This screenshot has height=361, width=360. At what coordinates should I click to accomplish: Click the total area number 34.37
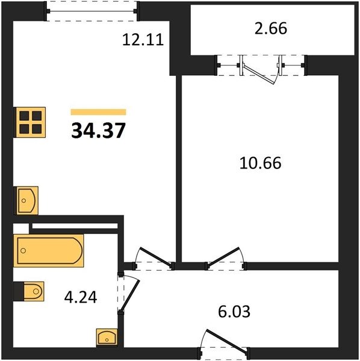(x=98, y=131)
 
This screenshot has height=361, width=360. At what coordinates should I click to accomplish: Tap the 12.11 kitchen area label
(x=143, y=39)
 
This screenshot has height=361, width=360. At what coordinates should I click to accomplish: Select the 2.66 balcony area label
(x=271, y=28)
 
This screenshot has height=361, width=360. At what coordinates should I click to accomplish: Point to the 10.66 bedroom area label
(x=260, y=163)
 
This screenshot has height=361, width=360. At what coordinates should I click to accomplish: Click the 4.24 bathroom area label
(x=81, y=297)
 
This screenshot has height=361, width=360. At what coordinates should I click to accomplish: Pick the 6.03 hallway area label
(x=234, y=312)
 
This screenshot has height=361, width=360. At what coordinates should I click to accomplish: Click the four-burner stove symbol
(x=30, y=122)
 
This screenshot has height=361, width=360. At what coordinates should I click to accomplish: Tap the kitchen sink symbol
(x=26, y=200)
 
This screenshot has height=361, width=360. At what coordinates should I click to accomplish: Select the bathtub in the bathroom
(x=49, y=251)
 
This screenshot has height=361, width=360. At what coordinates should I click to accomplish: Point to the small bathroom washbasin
(x=107, y=338)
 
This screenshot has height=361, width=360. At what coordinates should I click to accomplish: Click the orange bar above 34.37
(x=98, y=112)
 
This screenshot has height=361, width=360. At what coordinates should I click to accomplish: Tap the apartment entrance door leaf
(x=226, y=341)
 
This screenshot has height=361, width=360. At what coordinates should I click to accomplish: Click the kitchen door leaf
(x=156, y=257)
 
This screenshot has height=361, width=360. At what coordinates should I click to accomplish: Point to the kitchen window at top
(x=92, y=11)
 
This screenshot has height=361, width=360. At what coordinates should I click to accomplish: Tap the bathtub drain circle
(x=23, y=250)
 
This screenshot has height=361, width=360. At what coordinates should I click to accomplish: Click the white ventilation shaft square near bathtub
(x=21, y=229)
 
